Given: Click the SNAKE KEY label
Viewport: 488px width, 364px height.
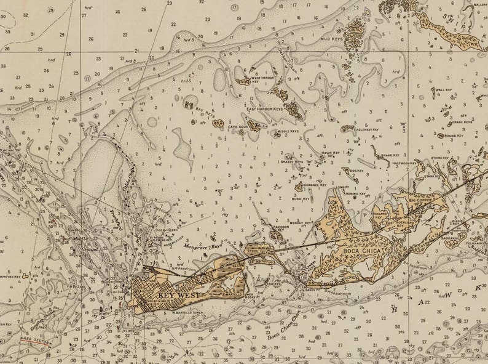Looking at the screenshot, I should [390, 155].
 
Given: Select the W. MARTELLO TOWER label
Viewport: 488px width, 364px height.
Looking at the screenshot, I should [187, 312].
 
